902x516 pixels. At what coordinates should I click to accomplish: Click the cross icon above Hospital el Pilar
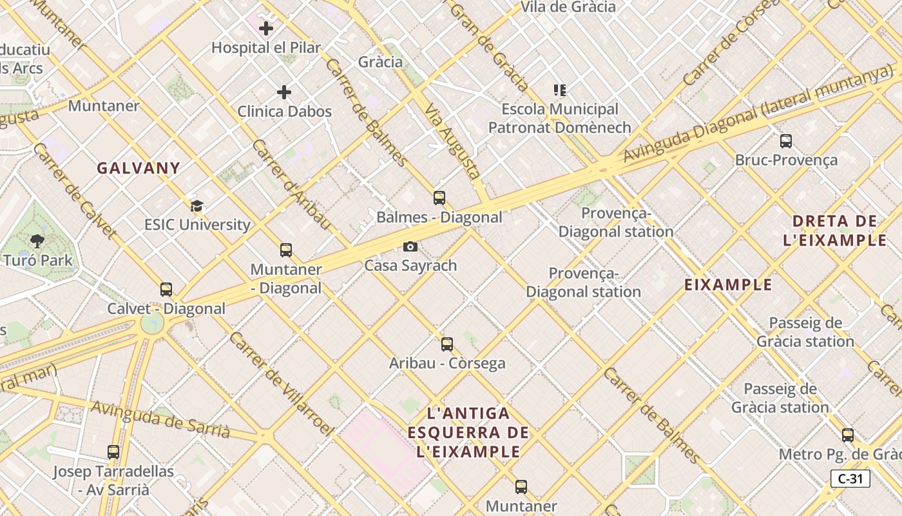[266, 28]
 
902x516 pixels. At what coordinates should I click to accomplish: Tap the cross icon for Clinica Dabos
[284, 92]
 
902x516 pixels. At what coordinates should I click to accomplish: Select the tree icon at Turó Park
[37, 241]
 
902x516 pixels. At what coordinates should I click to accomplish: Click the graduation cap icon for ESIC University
[197, 206]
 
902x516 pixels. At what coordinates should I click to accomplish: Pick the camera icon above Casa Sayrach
[410, 246]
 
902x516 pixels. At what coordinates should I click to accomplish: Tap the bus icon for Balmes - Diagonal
[439, 198]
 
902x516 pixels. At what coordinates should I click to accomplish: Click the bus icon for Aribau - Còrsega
[447, 344]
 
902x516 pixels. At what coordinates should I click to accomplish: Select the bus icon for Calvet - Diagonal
[166, 290]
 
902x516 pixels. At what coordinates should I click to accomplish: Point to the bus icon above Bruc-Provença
[786, 141]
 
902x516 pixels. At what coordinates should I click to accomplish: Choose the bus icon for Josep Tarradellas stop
[113, 452]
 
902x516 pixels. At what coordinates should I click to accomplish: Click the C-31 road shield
[850, 479]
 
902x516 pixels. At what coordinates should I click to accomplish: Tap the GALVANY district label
[139, 168]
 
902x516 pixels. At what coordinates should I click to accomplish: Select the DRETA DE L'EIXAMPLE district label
[835, 231]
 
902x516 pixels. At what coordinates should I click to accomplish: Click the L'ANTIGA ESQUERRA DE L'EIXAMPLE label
[468, 432]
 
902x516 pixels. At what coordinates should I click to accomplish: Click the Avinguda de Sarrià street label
[160, 419]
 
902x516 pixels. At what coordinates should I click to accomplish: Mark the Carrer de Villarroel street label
[282, 384]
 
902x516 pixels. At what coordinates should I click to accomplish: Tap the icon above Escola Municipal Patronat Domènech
[559, 90]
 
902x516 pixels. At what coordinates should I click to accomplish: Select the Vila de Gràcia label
[568, 7]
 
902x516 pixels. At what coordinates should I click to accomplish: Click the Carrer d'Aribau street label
[291, 184]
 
